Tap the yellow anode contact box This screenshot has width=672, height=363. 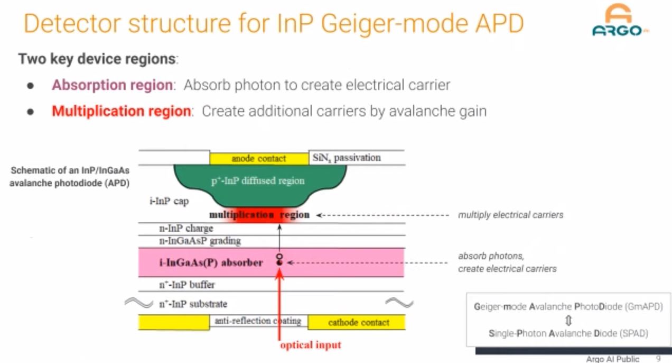pos(259,158)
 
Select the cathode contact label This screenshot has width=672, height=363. pos(359,322)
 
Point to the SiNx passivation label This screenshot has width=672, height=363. pos(347,158)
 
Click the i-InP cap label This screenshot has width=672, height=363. pos(169,201)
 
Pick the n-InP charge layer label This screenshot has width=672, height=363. pos(186,229)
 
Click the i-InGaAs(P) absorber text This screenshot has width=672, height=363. pos(211,262)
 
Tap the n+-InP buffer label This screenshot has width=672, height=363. pos(187,285)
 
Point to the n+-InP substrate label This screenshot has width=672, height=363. pos(193,304)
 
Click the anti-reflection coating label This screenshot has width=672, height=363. pos(258,321)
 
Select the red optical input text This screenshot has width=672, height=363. pos(311,345)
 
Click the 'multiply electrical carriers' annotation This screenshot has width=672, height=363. pos(510,215)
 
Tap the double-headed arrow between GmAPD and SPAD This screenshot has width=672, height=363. pos(568,320)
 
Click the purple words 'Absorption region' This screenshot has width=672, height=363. pos(112,85)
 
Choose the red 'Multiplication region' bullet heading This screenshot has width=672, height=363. pos(121,111)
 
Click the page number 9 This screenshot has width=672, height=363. pos(658,359)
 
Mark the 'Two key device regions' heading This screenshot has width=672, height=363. pos(98,59)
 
